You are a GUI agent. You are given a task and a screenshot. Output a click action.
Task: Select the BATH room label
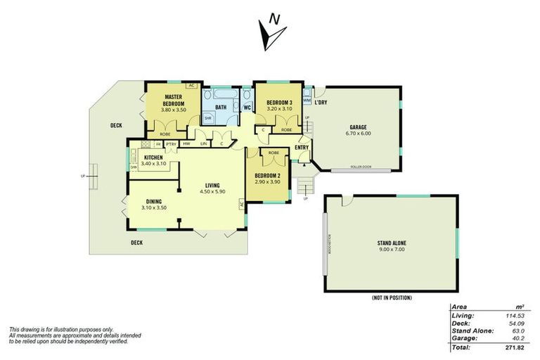[220, 108]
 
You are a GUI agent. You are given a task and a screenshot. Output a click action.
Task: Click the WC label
[247, 108]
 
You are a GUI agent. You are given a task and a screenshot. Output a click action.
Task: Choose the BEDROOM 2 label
[267, 175]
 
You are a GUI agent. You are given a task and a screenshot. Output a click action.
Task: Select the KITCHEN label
[153, 157]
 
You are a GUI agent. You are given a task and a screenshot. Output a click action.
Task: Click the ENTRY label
[302, 148]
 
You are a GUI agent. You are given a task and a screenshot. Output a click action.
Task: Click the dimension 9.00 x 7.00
[392, 249]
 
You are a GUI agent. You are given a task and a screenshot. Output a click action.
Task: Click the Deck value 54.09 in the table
[519, 324]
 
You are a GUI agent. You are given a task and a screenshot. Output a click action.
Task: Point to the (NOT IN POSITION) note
[391, 298]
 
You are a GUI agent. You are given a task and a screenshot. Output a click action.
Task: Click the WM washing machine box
[307, 101]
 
